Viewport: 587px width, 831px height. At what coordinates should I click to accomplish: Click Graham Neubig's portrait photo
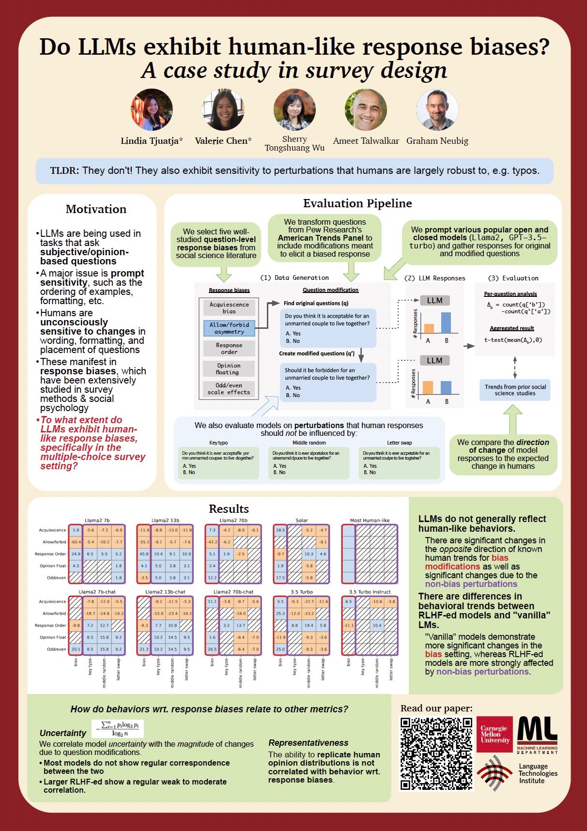click(437, 110)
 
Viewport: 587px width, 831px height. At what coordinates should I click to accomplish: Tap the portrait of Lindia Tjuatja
click(152, 110)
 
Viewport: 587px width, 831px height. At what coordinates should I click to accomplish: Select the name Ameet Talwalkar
click(366, 141)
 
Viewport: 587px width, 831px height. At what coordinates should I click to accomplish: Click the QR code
click(436, 754)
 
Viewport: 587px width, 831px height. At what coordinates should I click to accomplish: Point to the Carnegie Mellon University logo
click(494, 734)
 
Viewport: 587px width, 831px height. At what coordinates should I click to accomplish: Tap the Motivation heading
click(96, 209)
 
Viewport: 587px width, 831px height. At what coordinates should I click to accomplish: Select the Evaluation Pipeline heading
click(357, 203)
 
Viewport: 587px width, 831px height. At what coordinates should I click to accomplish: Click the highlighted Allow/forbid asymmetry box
click(229, 328)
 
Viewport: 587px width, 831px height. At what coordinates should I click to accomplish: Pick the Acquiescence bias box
click(229, 308)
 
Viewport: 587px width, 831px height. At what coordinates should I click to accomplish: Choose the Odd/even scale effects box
click(229, 389)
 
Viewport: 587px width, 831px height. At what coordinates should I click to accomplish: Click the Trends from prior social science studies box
click(515, 390)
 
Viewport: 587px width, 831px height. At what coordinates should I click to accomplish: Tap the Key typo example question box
click(218, 463)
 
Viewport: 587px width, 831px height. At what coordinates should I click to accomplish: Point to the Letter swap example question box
click(399, 463)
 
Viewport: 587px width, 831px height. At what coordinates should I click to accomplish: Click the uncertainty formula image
click(118, 729)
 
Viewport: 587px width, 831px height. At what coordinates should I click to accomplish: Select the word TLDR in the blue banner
click(64, 170)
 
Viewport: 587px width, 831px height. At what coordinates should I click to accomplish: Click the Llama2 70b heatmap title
click(233, 521)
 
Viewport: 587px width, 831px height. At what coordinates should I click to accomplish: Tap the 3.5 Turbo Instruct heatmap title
click(370, 592)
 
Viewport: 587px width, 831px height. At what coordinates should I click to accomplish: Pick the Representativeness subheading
click(308, 743)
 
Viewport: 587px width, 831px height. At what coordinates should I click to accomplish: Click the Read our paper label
click(436, 708)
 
